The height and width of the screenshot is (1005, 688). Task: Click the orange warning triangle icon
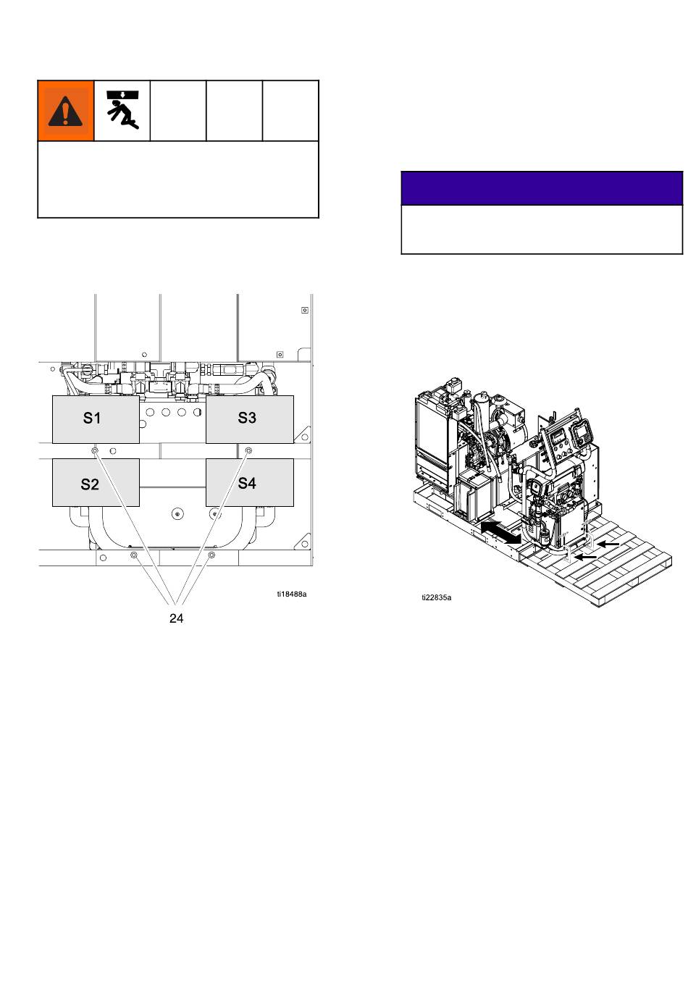coord(65,112)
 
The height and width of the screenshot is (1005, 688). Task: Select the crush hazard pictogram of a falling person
coord(122,110)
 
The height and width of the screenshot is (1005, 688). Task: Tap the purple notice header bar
coord(542,188)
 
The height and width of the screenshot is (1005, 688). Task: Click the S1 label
coord(92,419)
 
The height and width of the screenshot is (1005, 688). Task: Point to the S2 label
coord(90,484)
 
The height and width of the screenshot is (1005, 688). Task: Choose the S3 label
coord(247,418)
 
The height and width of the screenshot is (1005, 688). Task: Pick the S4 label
coord(247,483)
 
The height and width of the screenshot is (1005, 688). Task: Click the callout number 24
coord(177,618)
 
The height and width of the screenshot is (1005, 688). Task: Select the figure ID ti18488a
coord(292,594)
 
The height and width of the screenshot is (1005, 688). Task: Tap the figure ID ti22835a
coord(437,597)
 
